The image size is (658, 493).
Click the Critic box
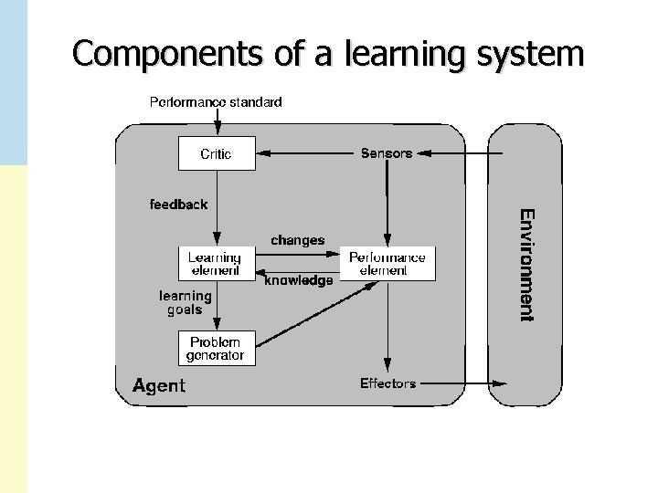tap(217, 153)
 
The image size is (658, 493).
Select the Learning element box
tap(216, 263)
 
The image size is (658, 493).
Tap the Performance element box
tap(387, 263)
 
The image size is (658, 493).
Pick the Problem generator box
tap(216, 348)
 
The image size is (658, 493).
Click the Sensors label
tap(387, 153)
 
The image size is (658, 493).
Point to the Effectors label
tap(387, 383)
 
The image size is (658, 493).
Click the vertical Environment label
tap(526, 265)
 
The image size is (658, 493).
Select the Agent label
tap(159, 385)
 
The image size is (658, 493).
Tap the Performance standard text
tap(216, 102)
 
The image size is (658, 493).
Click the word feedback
tap(179, 205)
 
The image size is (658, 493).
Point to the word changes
tap(297, 240)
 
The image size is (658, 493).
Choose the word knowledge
tap(299, 281)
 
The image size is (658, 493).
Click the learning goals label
tap(186, 302)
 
